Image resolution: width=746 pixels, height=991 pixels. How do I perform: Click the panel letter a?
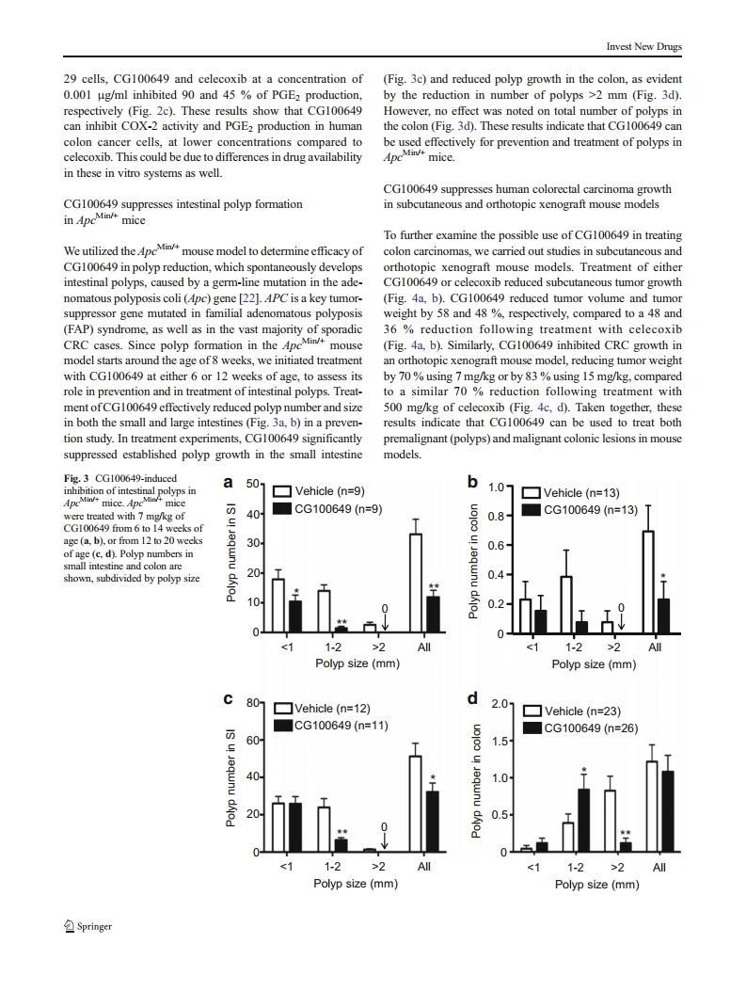[230, 483]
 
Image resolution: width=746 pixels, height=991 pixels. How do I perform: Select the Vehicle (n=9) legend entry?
[320, 491]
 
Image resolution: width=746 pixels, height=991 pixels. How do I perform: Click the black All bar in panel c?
[433, 822]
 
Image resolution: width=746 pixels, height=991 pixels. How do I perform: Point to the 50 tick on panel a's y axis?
[252, 484]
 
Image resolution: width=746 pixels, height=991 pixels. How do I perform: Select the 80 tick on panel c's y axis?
[252, 703]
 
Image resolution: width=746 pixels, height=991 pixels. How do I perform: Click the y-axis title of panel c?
[230, 777]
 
